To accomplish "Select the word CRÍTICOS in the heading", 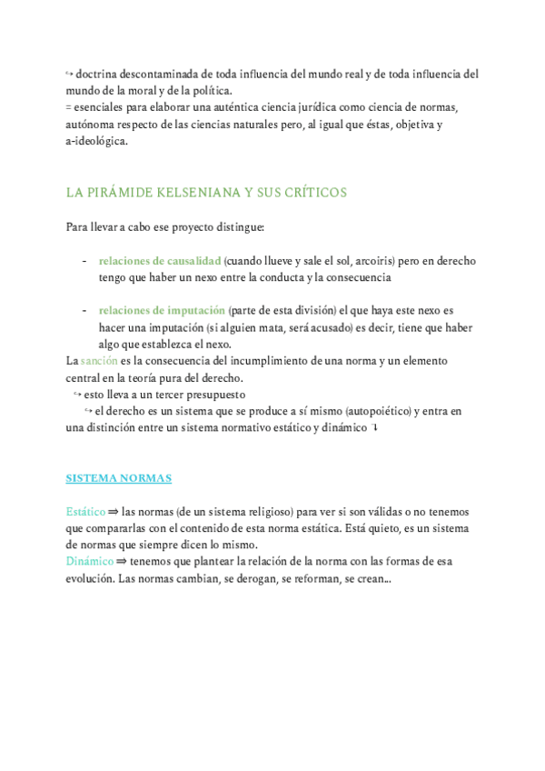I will click(x=315, y=193).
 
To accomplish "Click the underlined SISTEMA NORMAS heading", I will click(x=119, y=477).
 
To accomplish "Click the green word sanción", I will click(x=100, y=361).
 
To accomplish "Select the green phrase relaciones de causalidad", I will click(x=160, y=261).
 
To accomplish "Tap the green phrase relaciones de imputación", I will click(x=162, y=311).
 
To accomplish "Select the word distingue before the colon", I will click(x=240, y=226).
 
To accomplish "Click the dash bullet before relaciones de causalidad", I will click(x=84, y=261).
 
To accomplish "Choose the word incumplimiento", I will click(x=243, y=361).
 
